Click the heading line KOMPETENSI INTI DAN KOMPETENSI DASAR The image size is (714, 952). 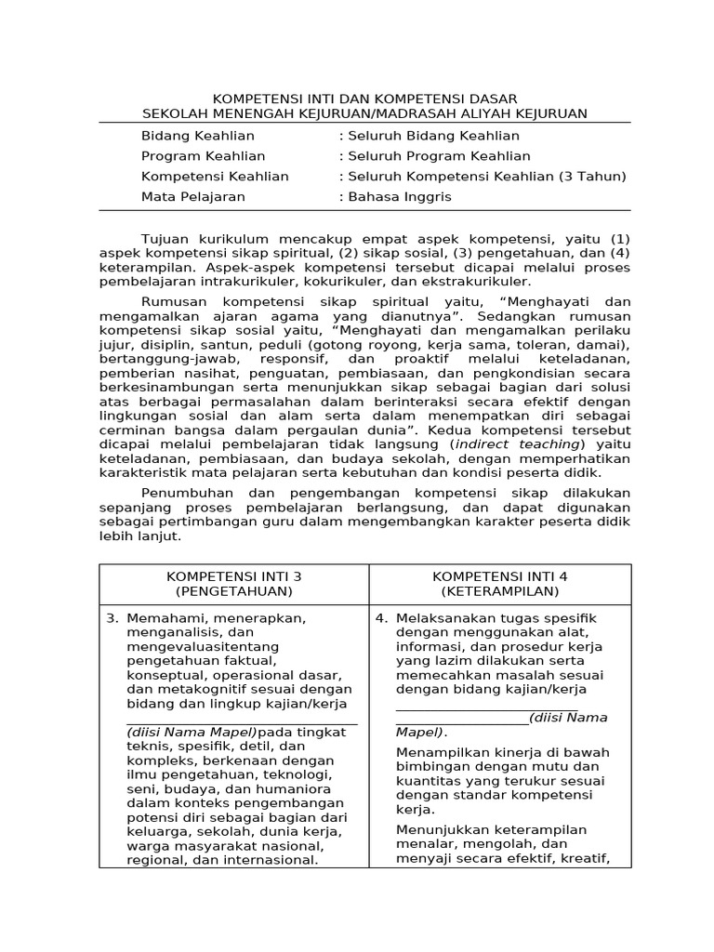[x=365, y=99]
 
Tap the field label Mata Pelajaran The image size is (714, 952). [x=193, y=197]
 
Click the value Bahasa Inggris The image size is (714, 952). [x=405, y=197]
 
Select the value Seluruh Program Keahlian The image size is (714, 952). [x=435, y=156]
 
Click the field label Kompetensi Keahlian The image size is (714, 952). [x=215, y=177]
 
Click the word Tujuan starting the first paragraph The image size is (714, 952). [x=165, y=238]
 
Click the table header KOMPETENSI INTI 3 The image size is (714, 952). [x=233, y=576]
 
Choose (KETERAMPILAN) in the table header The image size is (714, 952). [x=499, y=591]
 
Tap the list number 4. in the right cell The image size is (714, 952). [x=381, y=618]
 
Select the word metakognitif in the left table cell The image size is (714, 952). [x=199, y=689]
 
